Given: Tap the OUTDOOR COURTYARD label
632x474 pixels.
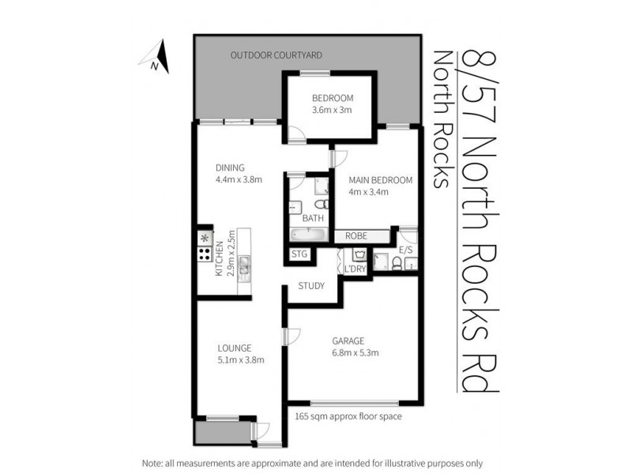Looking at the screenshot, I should (267, 55).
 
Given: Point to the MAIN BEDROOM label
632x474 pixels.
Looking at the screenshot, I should (382, 180).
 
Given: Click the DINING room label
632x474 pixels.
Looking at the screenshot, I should (231, 167).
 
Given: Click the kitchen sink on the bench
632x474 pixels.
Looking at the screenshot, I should (244, 268).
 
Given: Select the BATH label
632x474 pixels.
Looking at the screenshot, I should (313, 218).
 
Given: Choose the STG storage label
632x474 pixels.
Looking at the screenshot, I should (299, 254).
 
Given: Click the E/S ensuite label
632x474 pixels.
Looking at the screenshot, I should (406, 250).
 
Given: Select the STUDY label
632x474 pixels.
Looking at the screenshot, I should (311, 286).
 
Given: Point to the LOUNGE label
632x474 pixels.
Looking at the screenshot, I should (235, 348).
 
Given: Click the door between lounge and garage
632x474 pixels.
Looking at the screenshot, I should (287, 335).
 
